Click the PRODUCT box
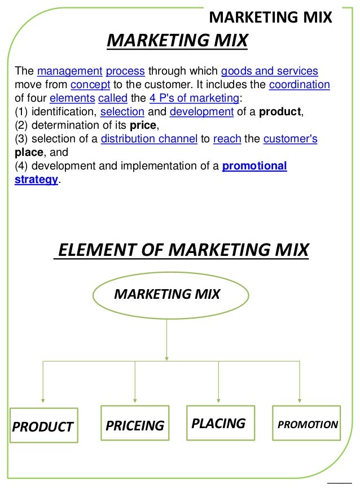[x=43, y=426]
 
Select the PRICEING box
[x=135, y=425]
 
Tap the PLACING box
[x=219, y=423]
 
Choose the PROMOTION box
[x=306, y=424]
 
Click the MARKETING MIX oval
[x=167, y=294]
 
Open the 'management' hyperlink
[x=69, y=72]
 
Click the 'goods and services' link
[x=270, y=72]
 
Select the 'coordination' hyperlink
[x=300, y=85]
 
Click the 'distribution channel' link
[x=149, y=138]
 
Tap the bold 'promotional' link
[x=254, y=165]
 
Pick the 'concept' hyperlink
[x=87, y=85]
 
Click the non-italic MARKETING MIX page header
[x=271, y=18]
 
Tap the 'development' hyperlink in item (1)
[x=201, y=111]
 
